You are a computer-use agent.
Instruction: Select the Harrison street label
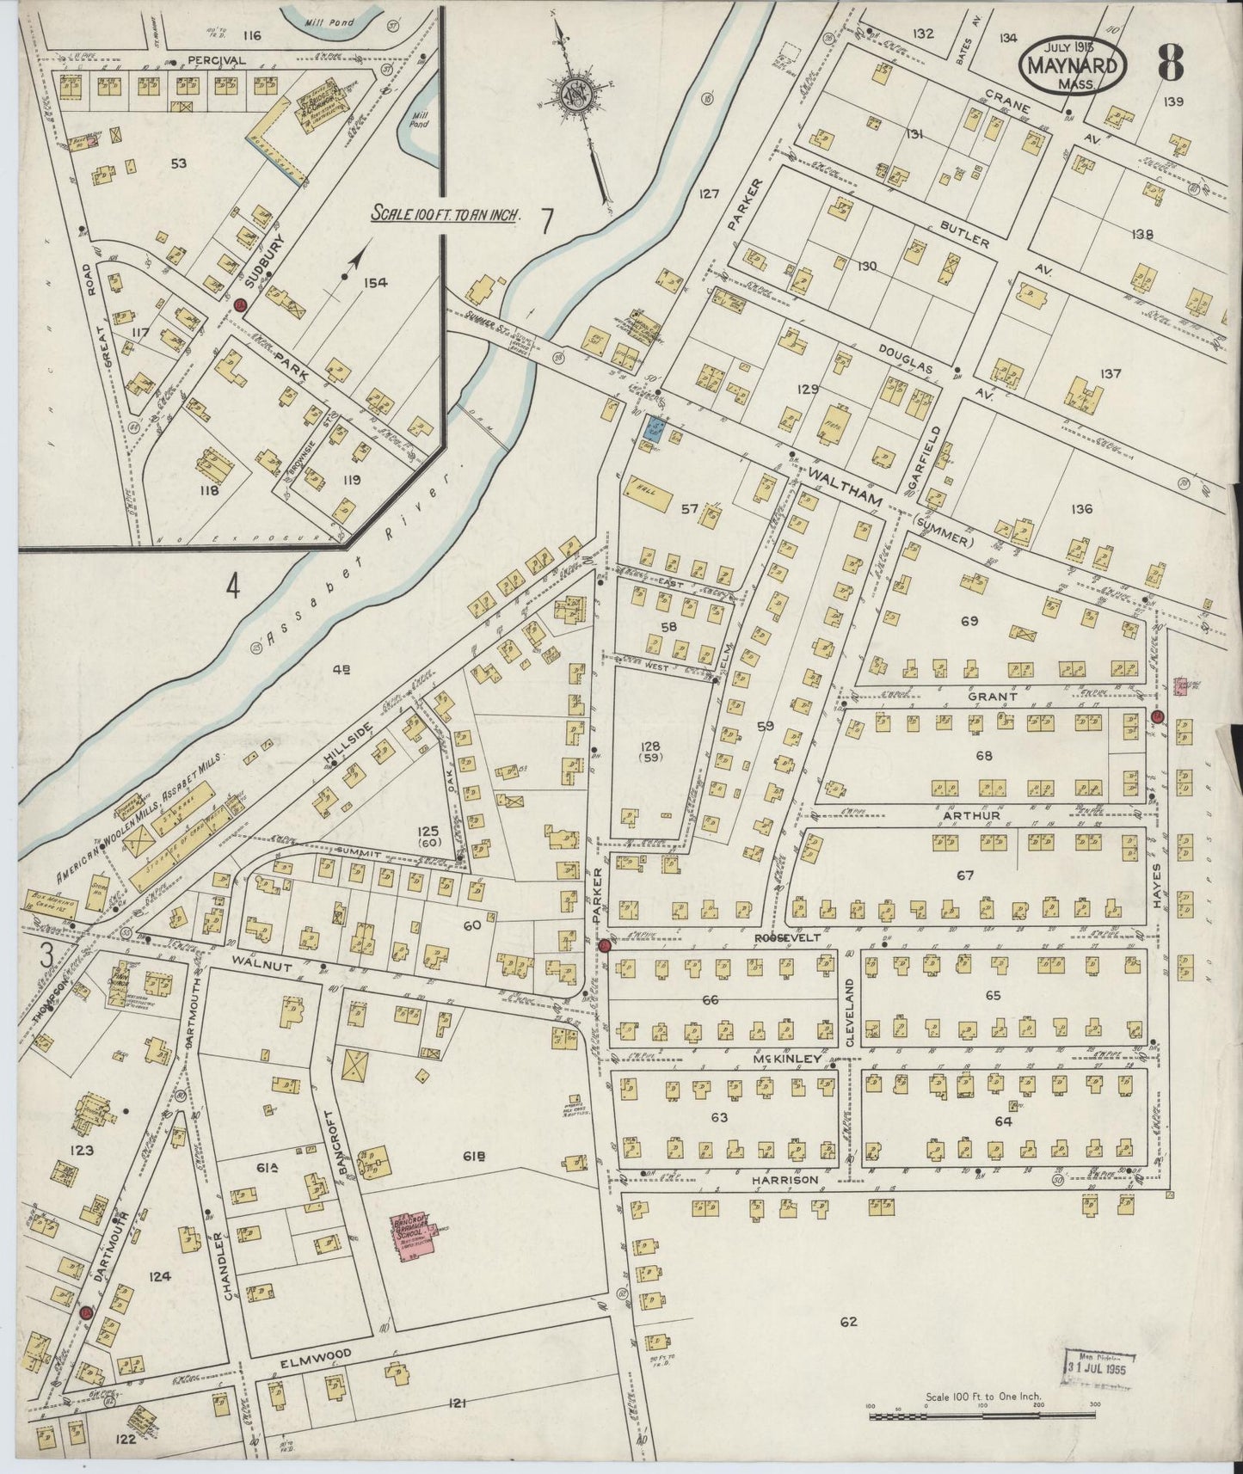pos(784,1181)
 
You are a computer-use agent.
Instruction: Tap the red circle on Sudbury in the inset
pos(241,304)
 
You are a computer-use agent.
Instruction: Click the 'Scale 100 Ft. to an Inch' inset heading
pos(446,214)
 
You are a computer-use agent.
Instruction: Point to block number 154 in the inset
pos(376,282)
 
